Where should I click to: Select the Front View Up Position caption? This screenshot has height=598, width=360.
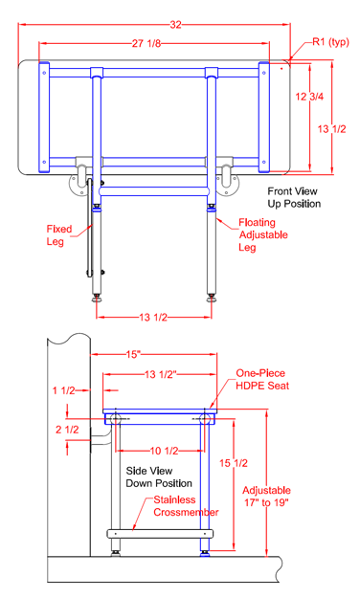point(294,197)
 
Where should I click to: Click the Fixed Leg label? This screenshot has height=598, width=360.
point(56,234)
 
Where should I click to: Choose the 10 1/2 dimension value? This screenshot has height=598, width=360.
point(158,451)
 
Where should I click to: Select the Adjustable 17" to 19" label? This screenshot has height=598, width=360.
point(280,490)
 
